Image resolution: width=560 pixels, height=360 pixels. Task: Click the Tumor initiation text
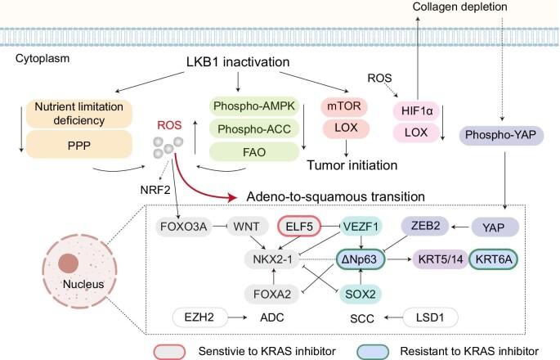pos(352,165)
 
